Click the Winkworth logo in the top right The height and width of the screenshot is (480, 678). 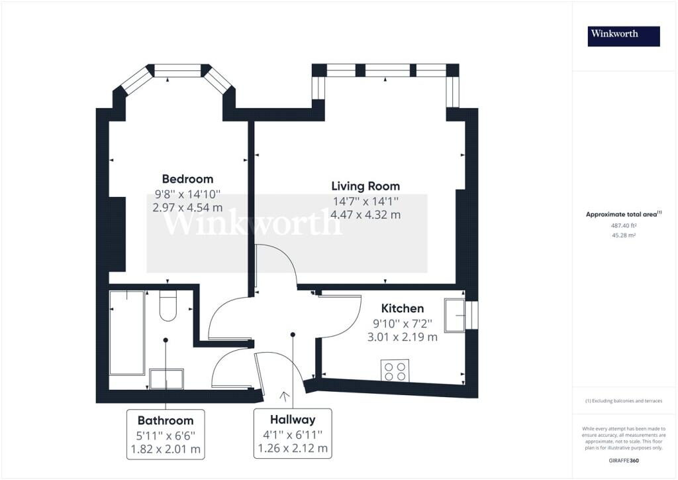(x=624, y=36)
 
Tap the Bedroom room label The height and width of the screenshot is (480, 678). (x=187, y=179)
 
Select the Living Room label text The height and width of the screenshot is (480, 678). (x=366, y=186)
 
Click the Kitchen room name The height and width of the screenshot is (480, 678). (x=402, y=308)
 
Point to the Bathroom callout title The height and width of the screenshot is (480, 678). (x=166, y=420)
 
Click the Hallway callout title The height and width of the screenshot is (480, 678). (x=293, y=420)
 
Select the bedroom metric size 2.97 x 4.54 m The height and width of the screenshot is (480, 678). (x=187, y=207)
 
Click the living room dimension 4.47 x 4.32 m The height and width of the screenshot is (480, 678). (x=366, y=214)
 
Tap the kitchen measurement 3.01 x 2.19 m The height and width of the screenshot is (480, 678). (x=402, y=337)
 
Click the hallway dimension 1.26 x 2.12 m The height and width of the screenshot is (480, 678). (x=293, y=448)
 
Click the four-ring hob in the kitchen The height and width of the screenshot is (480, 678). (x=395, y=370)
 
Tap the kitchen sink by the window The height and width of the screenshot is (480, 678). (x=455, y=314)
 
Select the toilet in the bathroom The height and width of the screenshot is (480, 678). (x=168, y=306)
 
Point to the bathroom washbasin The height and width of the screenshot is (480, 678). (x=166, y=379)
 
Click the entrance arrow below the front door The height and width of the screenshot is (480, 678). (x=285, y=397)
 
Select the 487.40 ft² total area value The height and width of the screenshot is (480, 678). (x=623, y=225)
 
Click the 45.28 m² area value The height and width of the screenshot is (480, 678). (x=623, y=235)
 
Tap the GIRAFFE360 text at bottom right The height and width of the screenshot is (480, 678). (x=624, y=460)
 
